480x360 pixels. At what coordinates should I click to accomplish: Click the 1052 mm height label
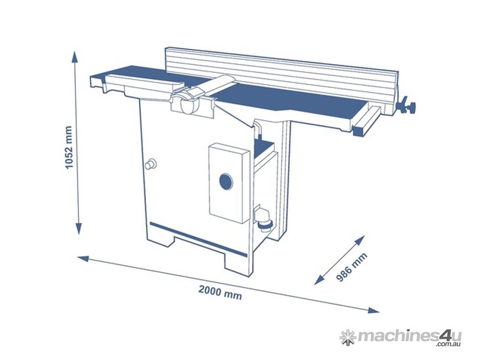[x=69, y=147]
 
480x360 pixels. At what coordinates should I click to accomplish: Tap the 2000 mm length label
[x=220, y=292]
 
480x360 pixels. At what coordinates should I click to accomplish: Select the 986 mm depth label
[x=352, y=267]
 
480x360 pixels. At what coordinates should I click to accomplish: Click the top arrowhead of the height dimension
[x=75, y=58]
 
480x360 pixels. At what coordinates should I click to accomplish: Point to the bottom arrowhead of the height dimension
[x=79, y=228]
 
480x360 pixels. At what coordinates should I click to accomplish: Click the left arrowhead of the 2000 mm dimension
[x=84, y=259]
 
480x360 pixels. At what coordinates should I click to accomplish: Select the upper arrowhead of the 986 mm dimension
[x=360, y=240]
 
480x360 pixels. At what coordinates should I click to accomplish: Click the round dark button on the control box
[x=226, y=182]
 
